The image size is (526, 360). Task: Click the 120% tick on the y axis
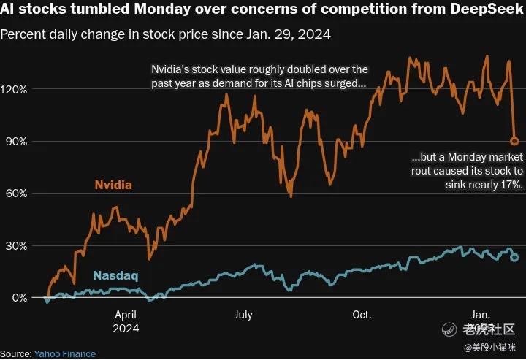(x=14, y=89)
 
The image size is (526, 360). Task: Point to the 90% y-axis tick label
(x=16, y=141)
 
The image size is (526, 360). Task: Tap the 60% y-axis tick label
(x=16, y=194)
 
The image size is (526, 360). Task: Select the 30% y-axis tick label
(x=16, y=245)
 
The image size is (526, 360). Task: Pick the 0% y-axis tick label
(x=19, y=298)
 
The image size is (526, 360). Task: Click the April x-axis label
(x=126, y=315)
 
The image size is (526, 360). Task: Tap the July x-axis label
(x=243, y=315)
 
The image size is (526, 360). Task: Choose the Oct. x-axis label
(x=362, y=315)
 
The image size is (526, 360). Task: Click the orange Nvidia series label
(x=113, y=185)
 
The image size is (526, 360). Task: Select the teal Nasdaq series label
(x=115, y=276)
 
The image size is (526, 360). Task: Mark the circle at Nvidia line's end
(x=514, y=141)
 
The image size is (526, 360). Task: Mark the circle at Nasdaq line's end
(x=514, y=257)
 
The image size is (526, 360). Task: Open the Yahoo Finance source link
(x=64, y=353)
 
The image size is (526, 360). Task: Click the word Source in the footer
(x=15, y=353)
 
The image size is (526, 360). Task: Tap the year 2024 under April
(x=126, y=328)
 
